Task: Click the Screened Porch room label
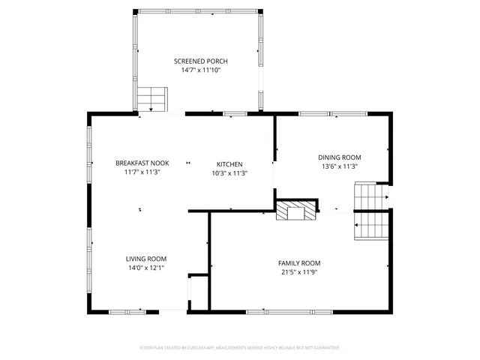200,61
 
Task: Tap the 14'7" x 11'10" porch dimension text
200,70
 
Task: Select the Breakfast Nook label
142,163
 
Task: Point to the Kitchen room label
229,163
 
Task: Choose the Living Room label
145,258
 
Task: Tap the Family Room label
299,262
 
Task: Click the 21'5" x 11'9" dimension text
299,272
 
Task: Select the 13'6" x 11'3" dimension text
340,166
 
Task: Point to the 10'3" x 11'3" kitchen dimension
229,173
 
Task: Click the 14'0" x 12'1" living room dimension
145,268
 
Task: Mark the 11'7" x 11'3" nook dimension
142,172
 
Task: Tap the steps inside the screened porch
152,97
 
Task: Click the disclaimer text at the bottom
240,347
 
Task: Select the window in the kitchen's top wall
235,113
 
